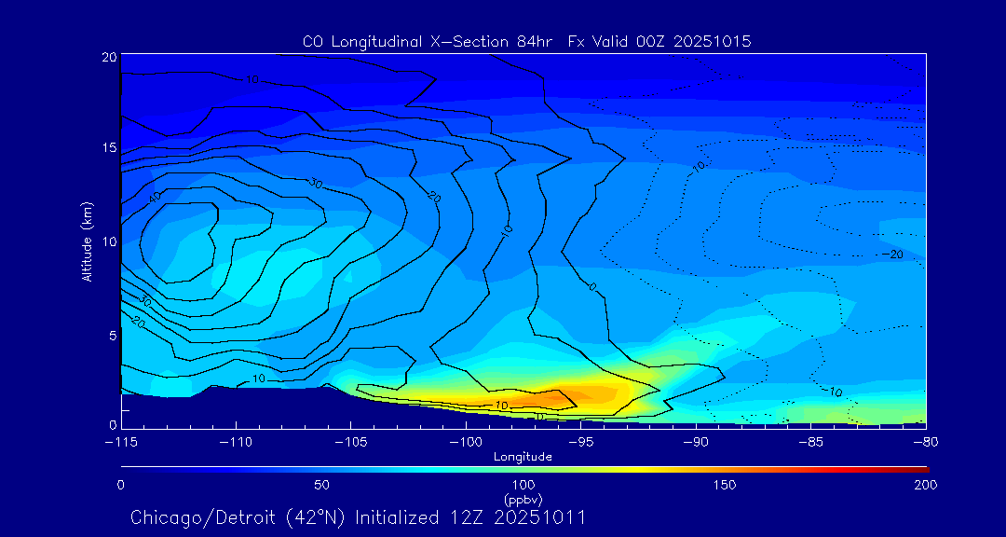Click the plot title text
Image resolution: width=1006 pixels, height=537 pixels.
click(x=526, y=42)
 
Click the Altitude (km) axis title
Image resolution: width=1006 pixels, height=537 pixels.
click(x=87, y=241)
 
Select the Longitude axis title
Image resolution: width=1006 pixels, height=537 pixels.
click(x=523, y=457)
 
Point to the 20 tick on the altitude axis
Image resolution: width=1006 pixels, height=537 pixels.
click(x=108, y=58)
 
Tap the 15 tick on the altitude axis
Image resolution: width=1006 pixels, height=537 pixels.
click(x=108, y=149)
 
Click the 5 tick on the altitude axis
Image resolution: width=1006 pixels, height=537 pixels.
click(x=111, y=335)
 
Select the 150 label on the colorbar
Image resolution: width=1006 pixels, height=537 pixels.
click(x=725, y=486)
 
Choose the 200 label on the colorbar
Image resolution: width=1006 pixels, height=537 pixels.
click(x=925, y=486)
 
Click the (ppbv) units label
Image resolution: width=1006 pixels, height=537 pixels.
click(x=523, y=499)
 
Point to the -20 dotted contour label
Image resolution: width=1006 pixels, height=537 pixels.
click(x=892, y=255)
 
